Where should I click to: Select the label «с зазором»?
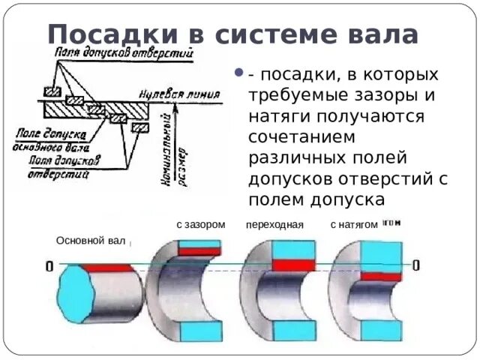200,224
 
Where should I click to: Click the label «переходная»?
274,224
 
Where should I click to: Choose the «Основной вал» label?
91,240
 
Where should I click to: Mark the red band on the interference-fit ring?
381,275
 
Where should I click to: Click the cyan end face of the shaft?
74,294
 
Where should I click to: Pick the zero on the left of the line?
49,266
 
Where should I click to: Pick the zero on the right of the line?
415,265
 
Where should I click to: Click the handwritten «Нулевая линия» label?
179,95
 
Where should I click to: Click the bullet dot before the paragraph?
238,75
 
